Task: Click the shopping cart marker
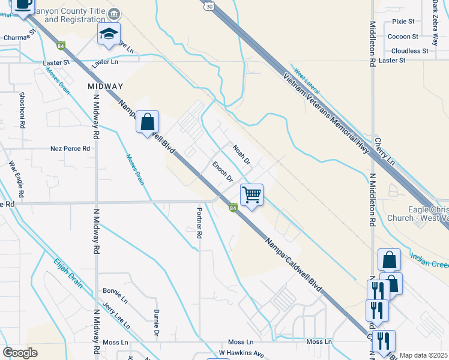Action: [252, 194]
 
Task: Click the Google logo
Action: [20, 353]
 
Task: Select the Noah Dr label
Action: [241, 155]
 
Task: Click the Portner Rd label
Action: [198, 223]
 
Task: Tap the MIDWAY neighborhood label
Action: [105, 86]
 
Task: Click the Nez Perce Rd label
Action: [70, 148]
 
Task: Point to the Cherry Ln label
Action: [384, 152]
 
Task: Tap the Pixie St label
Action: [403, 22]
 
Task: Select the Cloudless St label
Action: [409, 51]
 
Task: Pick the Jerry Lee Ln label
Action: [116, 316]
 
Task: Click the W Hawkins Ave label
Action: [241, 353]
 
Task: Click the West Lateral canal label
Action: [307, 83]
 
